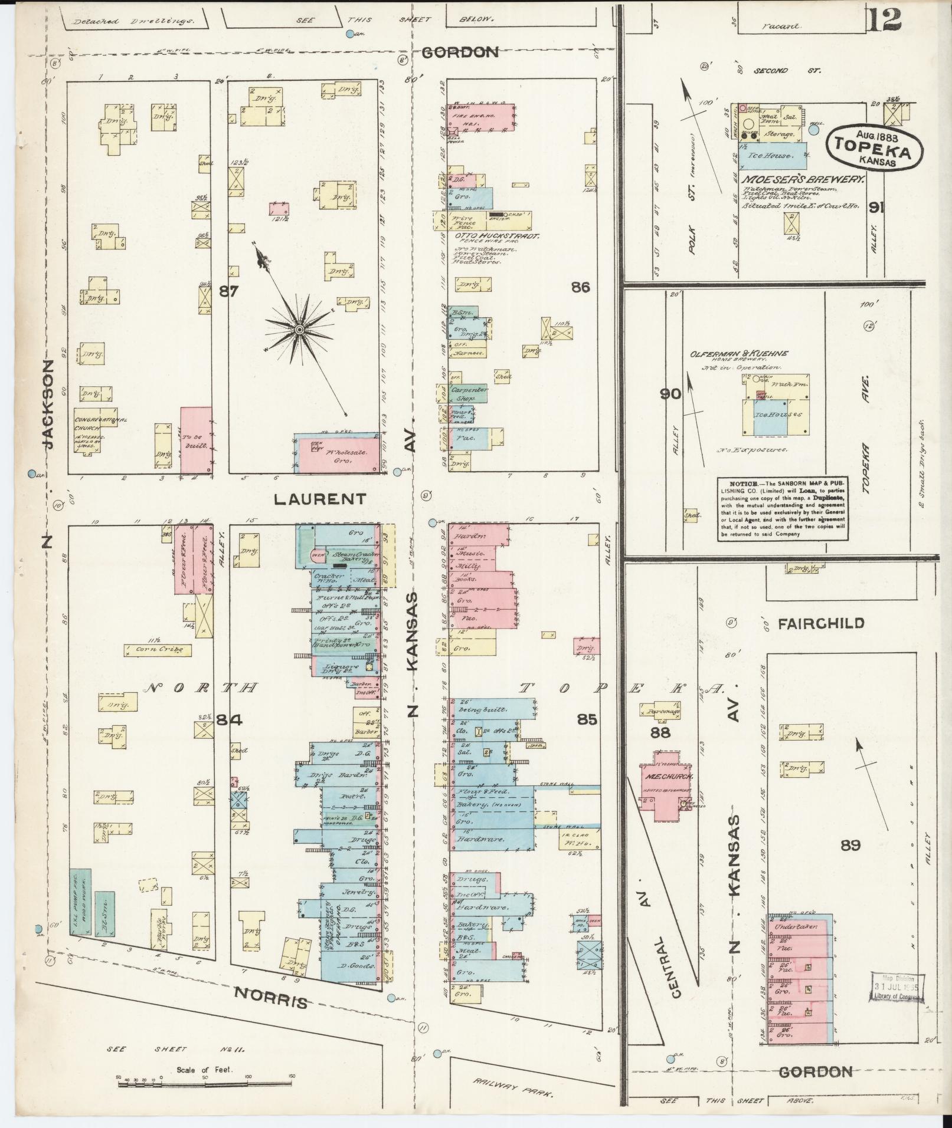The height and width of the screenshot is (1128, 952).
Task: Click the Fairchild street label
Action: click(x=821, y=623)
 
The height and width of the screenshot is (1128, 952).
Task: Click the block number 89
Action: click(x=850, y=846)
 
